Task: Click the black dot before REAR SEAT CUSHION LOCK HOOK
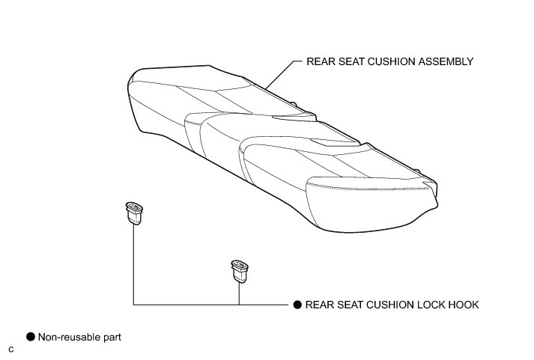click(x=297, y=305)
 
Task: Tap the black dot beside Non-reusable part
click(x=31, y=338)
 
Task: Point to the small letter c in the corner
click(x=11, y=350)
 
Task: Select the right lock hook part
click(x=240, y=271)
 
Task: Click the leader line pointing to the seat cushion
click(x=282, y=75)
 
